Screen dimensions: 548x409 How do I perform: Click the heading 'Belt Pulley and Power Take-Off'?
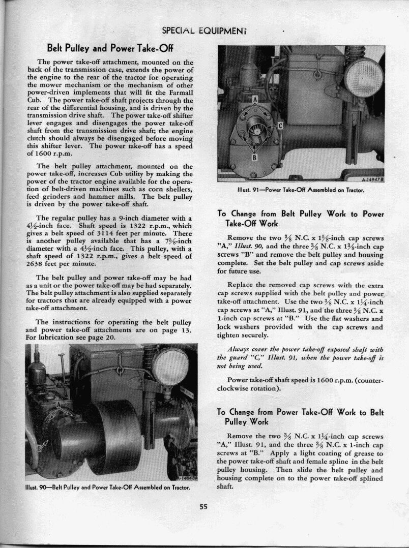click(x=110, y=48)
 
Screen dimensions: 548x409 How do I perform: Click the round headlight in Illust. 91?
click(x=364, y=76)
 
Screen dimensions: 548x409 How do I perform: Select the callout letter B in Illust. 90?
click(x=39, y=449)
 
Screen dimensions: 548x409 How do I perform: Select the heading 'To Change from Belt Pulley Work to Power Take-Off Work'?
click(x=300, y=219)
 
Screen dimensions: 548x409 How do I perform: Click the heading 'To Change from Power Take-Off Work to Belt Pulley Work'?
click(x=300, y=417)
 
